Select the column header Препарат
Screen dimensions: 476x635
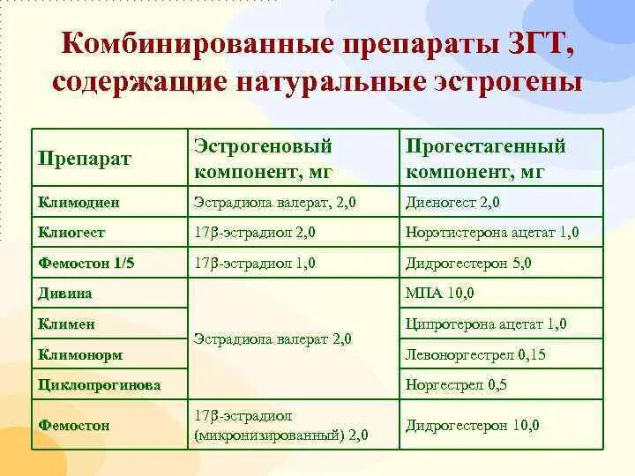click(x=84, y=159)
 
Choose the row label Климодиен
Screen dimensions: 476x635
click(x=78, y=202)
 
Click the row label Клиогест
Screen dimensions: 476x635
click(x=71, y=233)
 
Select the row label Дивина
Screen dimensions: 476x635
click(x=66, y=293)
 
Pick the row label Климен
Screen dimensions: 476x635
click(x=67, y=324)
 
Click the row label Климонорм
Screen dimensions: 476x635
click(x=80, y=354)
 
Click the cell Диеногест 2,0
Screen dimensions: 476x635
click(x=452, y=202)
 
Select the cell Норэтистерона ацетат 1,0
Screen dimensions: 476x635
click(x=492, y=233)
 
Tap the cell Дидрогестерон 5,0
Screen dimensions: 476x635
click(x=471, y=263)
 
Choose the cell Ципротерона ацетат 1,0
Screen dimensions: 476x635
click(x=487, y=324)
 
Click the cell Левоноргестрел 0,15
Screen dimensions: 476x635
click(x=476, y=354)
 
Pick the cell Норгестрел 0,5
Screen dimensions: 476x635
click(x=456, y=384)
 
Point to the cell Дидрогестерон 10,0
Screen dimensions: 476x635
click(x=473, y=425)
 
